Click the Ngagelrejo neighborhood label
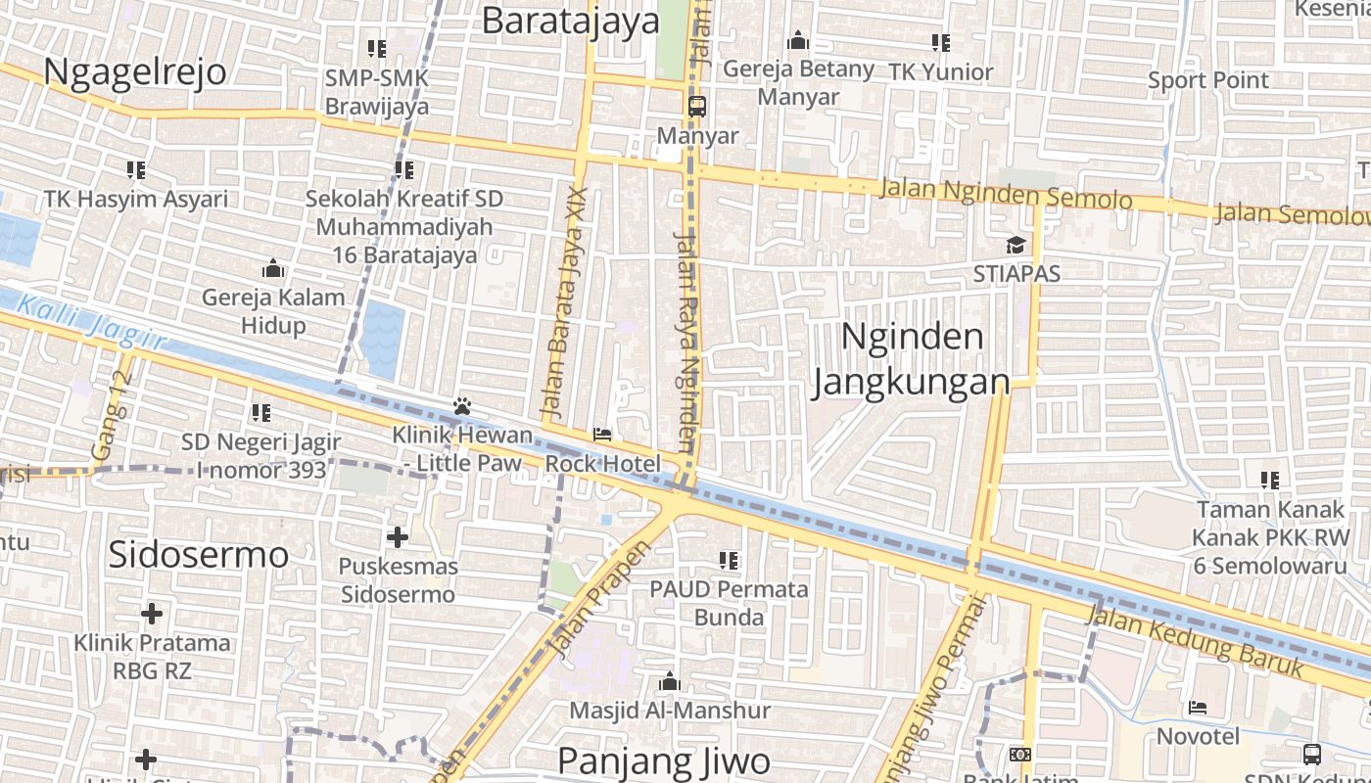[135, 72]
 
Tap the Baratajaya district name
[571, 21]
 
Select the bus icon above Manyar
[697, 107]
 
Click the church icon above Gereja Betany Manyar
[798, 41]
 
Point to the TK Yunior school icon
[940, 43]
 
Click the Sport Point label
[1207, 80]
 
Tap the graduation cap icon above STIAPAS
[1016, 245]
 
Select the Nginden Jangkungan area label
[911, 359]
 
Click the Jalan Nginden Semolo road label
[1006, 193]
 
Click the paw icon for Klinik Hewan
[462, 405]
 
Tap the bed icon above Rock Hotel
[602, 435]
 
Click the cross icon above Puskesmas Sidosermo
[397, 536]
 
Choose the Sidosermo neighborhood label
[199, 554]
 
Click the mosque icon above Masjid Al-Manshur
[670, 681]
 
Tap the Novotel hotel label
[1198, 736]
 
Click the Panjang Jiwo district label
[663, 760]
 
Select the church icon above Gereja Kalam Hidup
[273, 268]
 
